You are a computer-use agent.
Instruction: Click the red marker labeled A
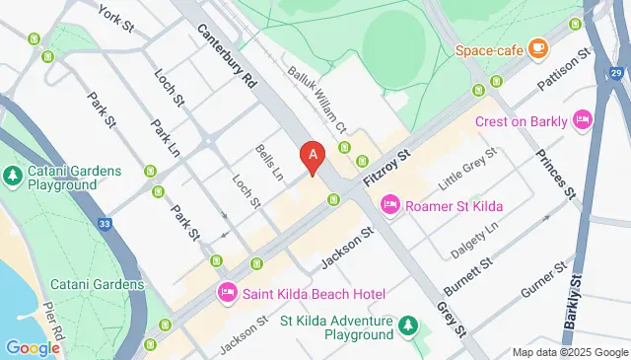314,156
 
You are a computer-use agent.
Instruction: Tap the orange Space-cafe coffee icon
537,47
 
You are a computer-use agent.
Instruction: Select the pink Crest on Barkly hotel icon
583,120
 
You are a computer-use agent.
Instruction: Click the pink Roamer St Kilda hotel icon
390,204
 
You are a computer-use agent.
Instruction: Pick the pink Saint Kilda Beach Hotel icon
228,293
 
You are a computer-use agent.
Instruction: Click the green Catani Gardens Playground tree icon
12,176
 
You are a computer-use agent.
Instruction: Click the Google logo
33,348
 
